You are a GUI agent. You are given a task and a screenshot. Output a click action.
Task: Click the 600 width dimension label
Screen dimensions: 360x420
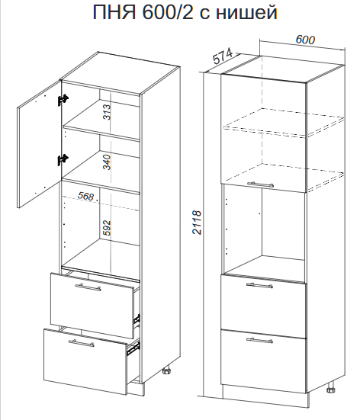coord(305,40)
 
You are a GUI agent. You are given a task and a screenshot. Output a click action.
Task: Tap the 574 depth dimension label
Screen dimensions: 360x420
coord(223,57)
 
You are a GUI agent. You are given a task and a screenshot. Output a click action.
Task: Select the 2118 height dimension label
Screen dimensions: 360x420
coord(197,223)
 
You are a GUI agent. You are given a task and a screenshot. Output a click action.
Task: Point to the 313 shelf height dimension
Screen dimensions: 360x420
coord(107,112)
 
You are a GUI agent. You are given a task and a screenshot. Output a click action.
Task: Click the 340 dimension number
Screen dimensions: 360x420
coord(107,162)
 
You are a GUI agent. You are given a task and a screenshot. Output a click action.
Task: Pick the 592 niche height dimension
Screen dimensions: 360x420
coord(107,228)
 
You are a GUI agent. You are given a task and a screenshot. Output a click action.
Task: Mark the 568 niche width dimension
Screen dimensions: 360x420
coord(86,197)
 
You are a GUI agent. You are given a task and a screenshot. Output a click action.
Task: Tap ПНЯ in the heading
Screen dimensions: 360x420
coord(114,12)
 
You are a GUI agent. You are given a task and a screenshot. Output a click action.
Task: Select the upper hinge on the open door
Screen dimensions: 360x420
coord(63,100)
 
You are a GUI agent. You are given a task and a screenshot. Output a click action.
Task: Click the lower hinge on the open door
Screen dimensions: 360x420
coord(63,160)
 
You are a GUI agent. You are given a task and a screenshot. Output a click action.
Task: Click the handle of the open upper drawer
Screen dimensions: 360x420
coord(88,287)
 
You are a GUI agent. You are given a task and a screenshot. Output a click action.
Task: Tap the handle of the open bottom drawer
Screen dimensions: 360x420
coord(81,343)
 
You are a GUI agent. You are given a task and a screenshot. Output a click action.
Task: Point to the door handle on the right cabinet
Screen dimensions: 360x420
coord(260,184)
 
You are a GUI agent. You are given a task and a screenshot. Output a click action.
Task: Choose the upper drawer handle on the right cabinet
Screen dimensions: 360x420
coord(259,285)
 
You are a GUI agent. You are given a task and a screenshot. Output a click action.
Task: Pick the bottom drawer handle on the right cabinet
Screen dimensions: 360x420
coord(259,340)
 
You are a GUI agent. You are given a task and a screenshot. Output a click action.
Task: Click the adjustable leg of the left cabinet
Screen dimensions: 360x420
coord(167,372)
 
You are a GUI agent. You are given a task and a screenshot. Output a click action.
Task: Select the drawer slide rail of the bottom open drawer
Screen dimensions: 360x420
coord(133,348)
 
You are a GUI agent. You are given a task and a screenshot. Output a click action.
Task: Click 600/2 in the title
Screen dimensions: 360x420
coord(168,12)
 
